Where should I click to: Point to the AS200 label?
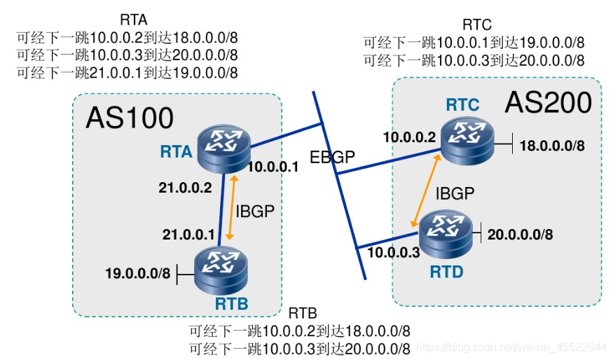pyautogui.click(x=548, y=103)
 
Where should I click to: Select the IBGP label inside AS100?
pyautogui.click(x=254, y=212)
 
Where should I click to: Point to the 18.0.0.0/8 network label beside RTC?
pyautogui.click(x=551, y=146)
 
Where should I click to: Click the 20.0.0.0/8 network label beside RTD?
pyautogui.click(x=519, y=235)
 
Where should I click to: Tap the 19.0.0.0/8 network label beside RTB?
pyautogui.click(x=138, y=273)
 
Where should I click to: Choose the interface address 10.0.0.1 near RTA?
pyautogui.click(x=274, y=167)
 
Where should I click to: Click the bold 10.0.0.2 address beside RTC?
pyautogui.click(x=409, y=137)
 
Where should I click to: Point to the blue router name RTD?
pyautogui.click(x=445, y=270)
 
